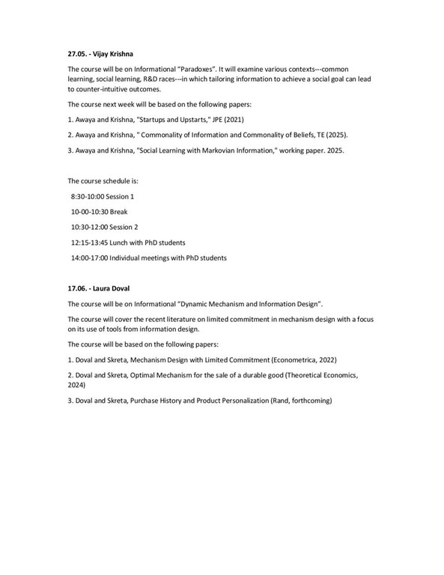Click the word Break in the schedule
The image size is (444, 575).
118,211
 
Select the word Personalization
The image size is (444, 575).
244,401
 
